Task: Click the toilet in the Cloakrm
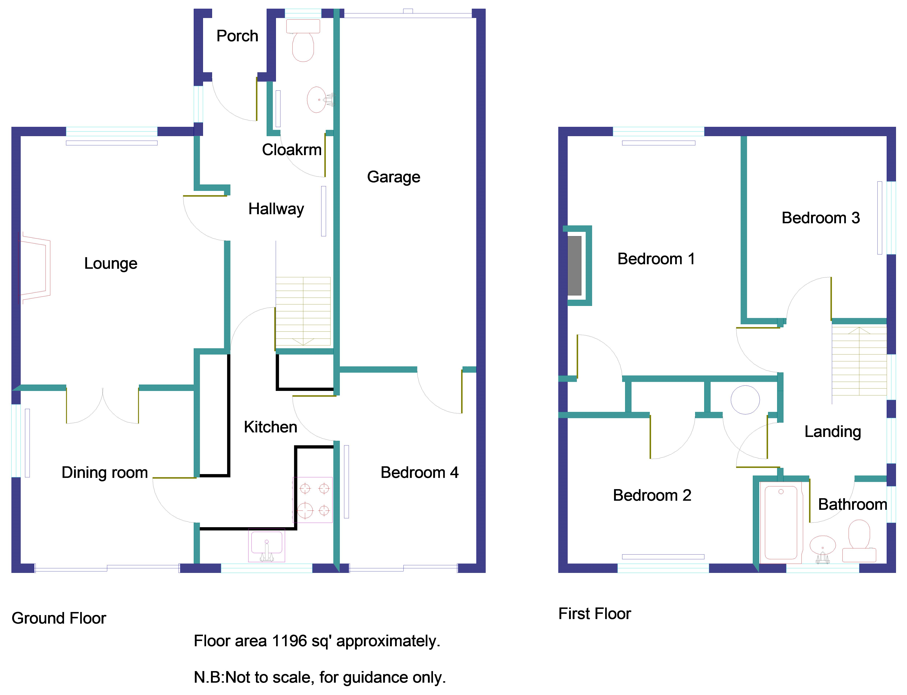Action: tap(303, 41)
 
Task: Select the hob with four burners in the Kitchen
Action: tap(313, 500)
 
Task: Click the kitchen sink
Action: tap(267, 545)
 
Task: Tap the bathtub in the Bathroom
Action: tap(781, 522)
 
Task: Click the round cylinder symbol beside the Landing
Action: tap(745, 400)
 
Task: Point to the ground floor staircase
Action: tap(303, 311)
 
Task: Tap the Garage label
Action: tap(394, 177)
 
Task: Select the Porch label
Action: tap(237, 36)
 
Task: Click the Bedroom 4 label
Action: tap(419, 472)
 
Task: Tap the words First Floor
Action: tap(594, 613)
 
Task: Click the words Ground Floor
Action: tap(59, 618)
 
